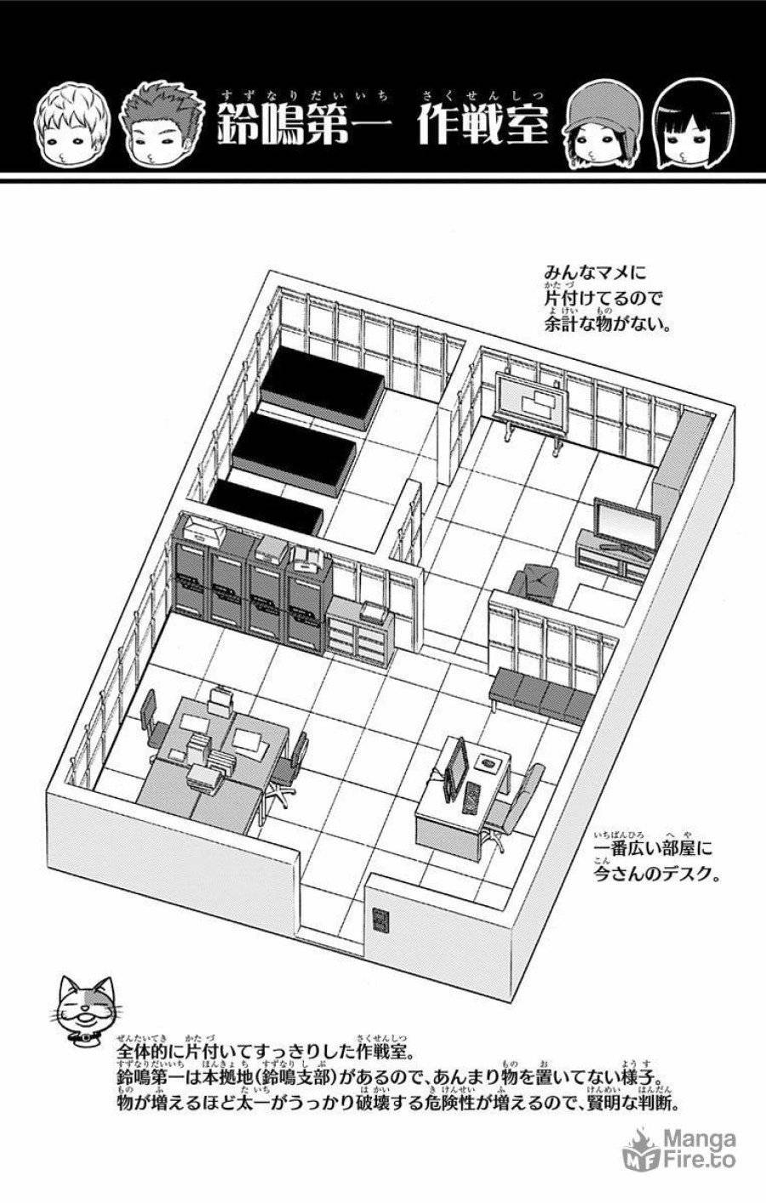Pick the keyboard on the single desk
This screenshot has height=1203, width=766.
(472, 799)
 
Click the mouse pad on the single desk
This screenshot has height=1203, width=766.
(488, 761)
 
